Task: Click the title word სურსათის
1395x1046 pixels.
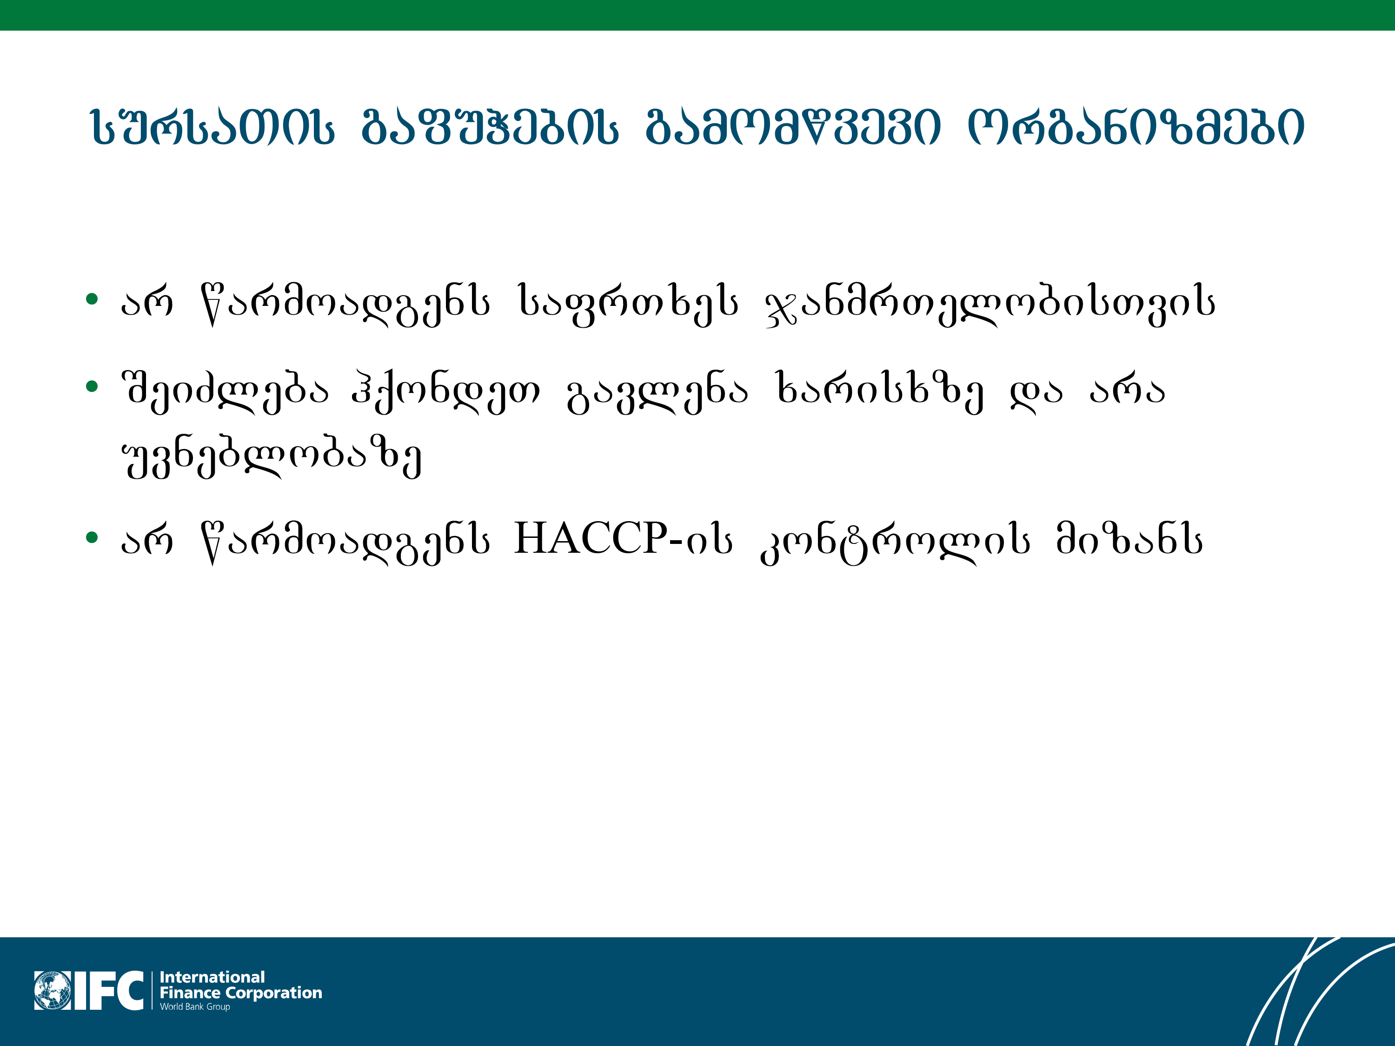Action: click(x=213, y=127)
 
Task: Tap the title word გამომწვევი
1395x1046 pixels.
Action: click(x=793, y=127)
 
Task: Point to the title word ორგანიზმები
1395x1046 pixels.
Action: click(x=1135, y=127)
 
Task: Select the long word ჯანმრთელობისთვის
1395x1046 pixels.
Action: click(x=990, y=305)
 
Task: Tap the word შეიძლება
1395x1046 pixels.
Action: click(x=225, y=391)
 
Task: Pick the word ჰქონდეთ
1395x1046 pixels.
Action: click(x=446, y=391)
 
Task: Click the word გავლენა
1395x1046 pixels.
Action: click(x=658, y=391)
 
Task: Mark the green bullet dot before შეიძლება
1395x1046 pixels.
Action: click(x=92, y=385)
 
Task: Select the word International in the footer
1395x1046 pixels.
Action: click(x=212, y=977)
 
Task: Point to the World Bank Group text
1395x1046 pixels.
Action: click(x=195, y=1007)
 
